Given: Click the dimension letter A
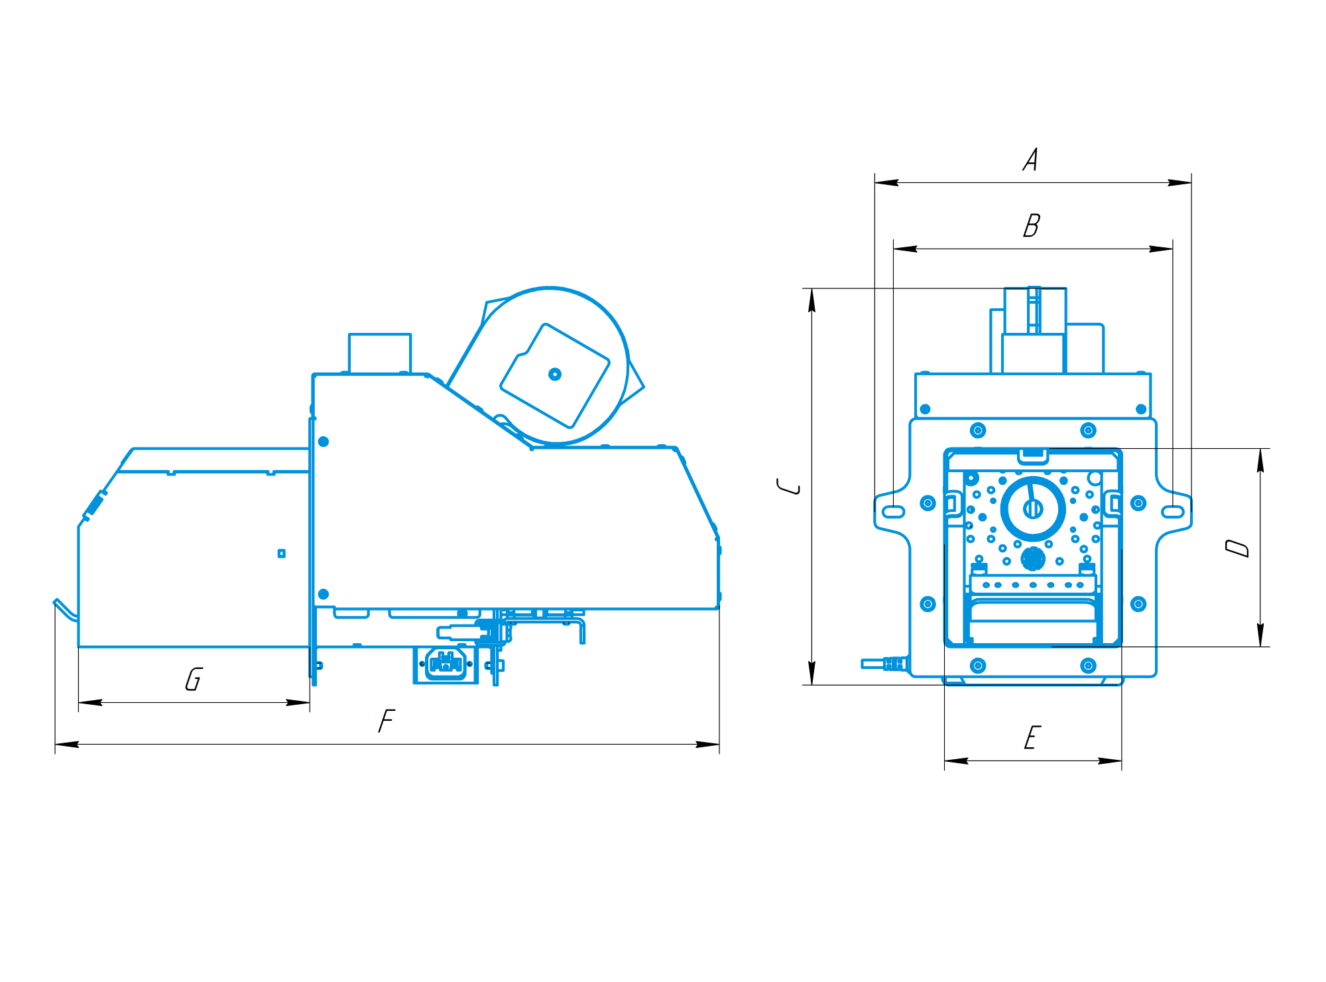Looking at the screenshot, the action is pos(1030,160).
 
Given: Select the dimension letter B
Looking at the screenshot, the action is pos(1032,225).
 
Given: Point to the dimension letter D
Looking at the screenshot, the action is pos(1237,548).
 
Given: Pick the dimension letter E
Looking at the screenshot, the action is pos(1032,737).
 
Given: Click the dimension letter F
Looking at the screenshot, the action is pos(387,721).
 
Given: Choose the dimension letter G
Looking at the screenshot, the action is pos(194,679).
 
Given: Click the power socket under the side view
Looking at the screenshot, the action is pos(446,664).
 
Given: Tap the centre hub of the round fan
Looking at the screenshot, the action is pos(555,375).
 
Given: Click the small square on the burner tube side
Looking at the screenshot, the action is pos(282,554).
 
